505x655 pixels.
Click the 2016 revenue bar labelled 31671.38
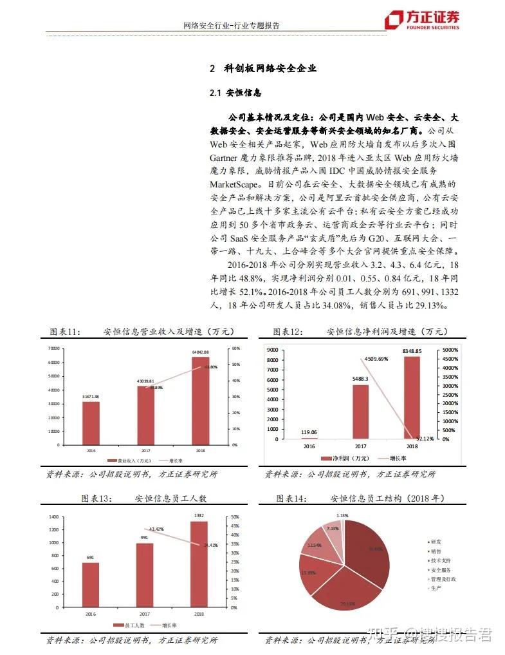(x=91, y=422)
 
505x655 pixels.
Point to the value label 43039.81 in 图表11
(x=146, y=381)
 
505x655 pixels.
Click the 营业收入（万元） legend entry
(x=131, y=461)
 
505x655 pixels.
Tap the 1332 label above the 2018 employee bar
(x=199, y=516)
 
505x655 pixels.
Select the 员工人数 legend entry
(x=128, y=625)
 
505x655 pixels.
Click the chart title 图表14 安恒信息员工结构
(x=360, y=498)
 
